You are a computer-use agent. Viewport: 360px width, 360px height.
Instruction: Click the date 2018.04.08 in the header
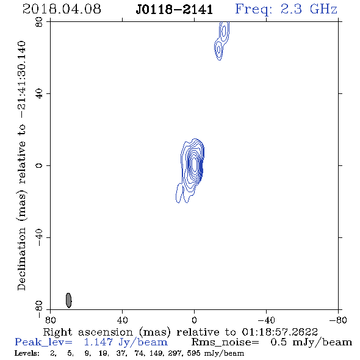click(x=62, y=9)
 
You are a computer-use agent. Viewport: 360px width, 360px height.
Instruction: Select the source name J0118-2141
click(x=175, y=10)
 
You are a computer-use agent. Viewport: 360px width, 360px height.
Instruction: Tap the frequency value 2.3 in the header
click(x=291, y=9)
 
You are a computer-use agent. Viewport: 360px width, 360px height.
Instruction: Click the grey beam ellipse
click(x=69, y=300)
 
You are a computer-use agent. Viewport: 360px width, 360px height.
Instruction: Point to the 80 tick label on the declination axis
click(x=39, y=22)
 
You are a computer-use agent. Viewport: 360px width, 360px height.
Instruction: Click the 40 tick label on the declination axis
click(x=39, y=94)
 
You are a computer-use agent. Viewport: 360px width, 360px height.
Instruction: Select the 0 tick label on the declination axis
click(x=39, y=165)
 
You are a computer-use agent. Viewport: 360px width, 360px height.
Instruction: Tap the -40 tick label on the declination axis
click(x=39, y=237)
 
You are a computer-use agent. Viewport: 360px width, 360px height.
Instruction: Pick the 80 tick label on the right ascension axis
click(x=50, y=320)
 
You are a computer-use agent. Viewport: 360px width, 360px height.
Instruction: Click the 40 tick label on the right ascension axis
click(x=122, y=320)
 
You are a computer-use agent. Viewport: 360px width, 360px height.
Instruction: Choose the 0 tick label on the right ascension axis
click(x=194, y=320)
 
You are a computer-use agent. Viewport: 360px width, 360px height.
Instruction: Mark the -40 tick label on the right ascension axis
click(x=266, y=320)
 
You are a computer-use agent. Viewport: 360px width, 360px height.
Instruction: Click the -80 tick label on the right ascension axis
click(x=338, y=320)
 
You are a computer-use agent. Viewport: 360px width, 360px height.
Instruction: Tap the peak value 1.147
click(x=98, y=342)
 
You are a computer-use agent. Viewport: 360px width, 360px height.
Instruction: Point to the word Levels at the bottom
click(x=27, y=353)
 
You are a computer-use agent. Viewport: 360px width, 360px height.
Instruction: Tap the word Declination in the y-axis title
click(x=21, y=259)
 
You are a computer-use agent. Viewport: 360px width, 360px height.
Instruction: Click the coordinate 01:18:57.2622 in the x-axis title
click(x=279, y=332)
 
